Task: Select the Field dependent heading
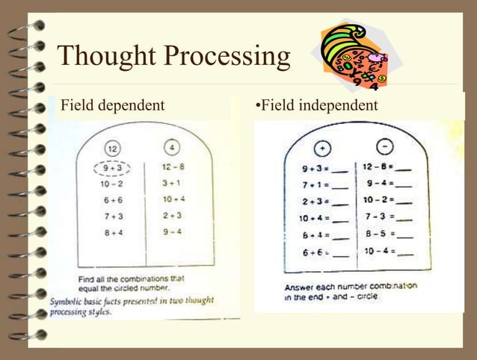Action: point(112,105)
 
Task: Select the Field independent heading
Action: point(317,105)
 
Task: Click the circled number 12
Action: point(112,148)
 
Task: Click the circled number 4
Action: point(172,148)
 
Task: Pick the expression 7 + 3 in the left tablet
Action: point(114,216)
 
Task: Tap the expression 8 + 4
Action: point(114,232)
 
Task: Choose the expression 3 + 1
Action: point(172,183)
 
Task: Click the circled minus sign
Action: point(384,146)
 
